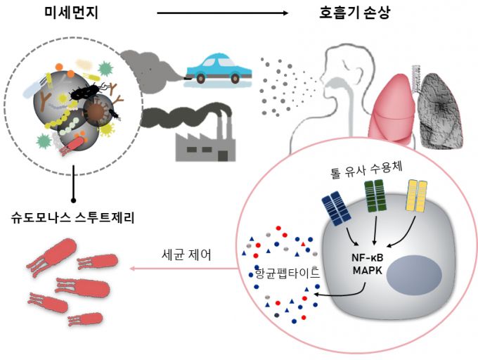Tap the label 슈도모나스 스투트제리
click(73, 217)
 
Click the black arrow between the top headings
click(222, 13)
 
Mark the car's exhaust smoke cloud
click(148, 67)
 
